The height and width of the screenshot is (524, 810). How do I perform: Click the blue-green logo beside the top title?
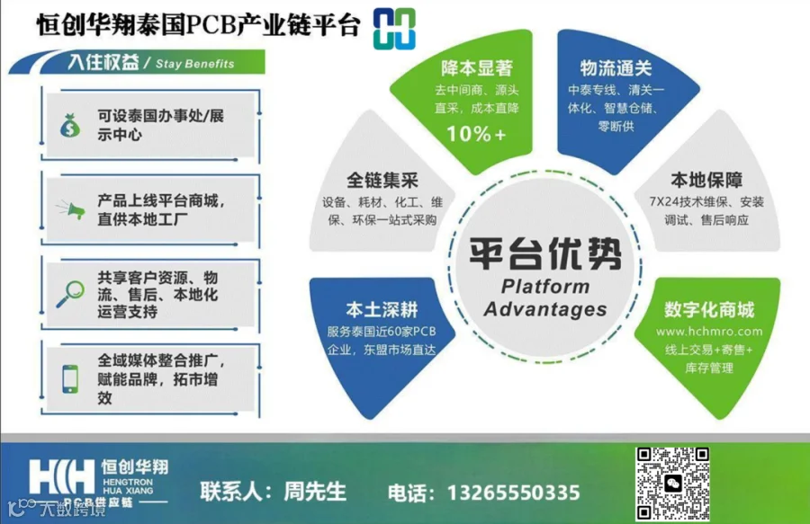pyautogui.click(x=394, y=29)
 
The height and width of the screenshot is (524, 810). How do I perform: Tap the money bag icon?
pyautogui.click(x=70, y=125)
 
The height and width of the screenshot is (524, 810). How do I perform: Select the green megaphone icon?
pyautogui.click(x=71, y=209)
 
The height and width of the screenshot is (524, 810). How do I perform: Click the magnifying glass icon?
pyautogui.click(x=70, y=294)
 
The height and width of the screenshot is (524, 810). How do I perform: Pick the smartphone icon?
pyautogui.click(x=70, y=379)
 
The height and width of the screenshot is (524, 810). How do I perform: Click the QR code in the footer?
pyautogui.click(x=672, y=484)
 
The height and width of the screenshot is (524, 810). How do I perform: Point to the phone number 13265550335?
pyautogui.click(x=514, y=493)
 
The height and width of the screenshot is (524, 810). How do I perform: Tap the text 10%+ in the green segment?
pyautogui.click(x=476, y=134)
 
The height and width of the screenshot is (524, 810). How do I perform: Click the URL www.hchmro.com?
pyautogui.click(x=709, y=331)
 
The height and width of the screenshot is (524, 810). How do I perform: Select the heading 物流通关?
pyautogui.click(x=616, y=67)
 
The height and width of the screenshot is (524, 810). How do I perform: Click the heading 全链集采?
pyautogui.click(x=382, y=180)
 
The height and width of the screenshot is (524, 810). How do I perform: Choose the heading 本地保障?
pyautogui.click(x=706, y=180)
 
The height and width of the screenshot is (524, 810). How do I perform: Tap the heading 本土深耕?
pyautogui.click(x=382, y=309)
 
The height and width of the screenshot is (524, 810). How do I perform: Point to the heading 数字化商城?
pyautogui.click(x=709, y=309)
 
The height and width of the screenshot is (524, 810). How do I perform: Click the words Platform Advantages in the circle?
pyautogui.click(x=545, y=298)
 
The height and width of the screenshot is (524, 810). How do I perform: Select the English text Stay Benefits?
pyautogui.click(x=194, y=64)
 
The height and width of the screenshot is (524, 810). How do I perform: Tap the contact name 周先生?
pyautogui.click(x=315, y=491)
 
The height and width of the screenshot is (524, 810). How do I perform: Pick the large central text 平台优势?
pyautogui.click(x=545, y=253)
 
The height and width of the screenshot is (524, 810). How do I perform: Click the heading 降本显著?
pyautogui.click(x=476, y=67)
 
